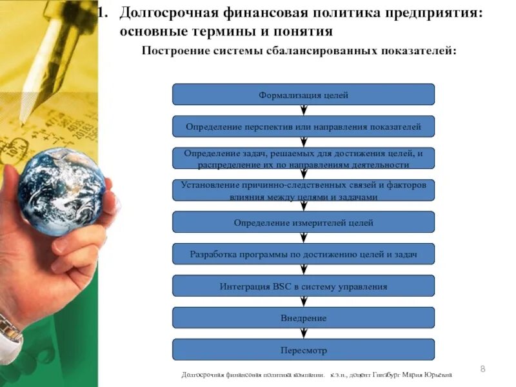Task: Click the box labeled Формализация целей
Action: click(303, 95)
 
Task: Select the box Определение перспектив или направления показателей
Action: click(303, 126)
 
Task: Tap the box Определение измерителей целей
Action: click(303, 223)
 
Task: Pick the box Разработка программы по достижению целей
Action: click(303, 254)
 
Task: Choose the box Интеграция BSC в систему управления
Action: click(303, 286)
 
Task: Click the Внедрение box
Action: click(303, 318)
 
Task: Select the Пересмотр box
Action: click(303, 350)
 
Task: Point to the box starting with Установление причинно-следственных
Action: click(303, 190)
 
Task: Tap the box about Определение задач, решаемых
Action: click(303, 158)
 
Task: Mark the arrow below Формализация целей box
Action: click(303, 110)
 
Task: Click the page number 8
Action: click(482, 368)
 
